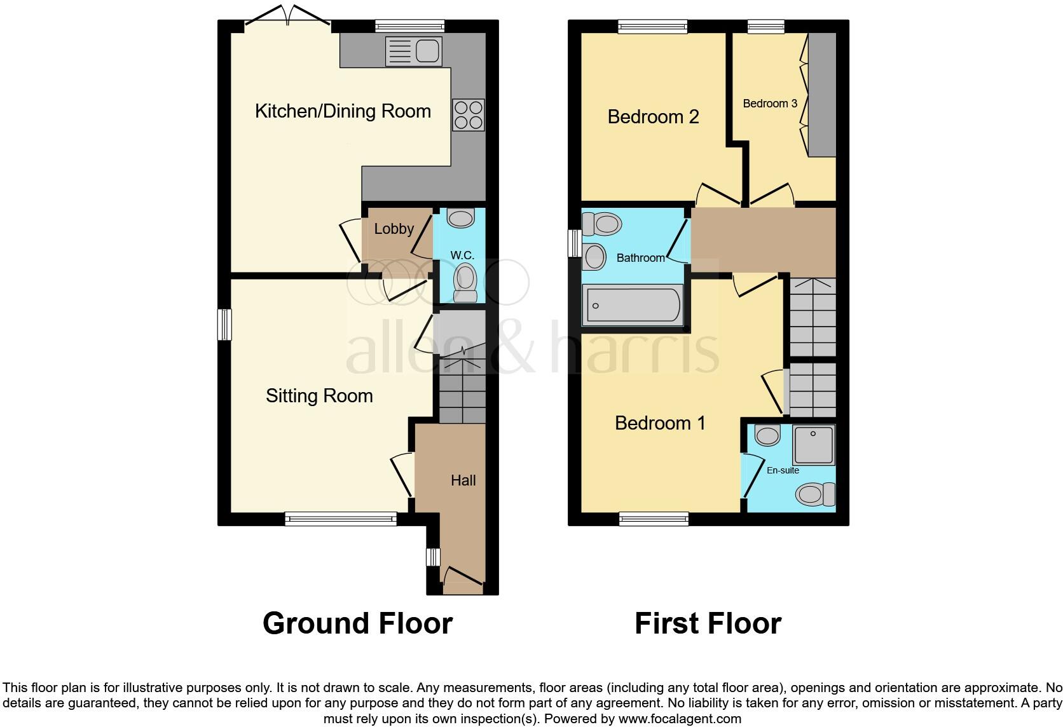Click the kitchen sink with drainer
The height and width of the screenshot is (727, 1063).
[413, 51]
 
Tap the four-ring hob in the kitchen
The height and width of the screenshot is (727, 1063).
[469, 115]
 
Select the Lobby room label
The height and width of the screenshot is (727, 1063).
[394, 229]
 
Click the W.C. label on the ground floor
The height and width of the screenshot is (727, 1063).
[462, 255]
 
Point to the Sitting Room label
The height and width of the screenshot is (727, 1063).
[319, 396]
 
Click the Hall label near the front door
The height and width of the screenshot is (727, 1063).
[463, 480]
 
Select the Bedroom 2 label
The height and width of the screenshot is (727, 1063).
[653, 117]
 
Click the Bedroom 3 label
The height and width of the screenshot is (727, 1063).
[770, 104]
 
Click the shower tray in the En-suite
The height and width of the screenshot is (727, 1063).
[813, 444]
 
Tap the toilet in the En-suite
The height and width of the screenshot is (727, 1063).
[816, 494]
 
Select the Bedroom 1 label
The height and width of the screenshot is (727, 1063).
[660, 423]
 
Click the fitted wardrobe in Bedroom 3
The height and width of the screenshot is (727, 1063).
[822, 94]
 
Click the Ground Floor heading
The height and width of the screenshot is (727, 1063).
[357, 623]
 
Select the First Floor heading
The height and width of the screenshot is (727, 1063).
[708, 623]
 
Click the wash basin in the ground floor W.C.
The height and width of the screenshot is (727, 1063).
[460, 218]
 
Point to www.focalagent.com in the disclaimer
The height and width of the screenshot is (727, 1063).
[680, 719]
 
